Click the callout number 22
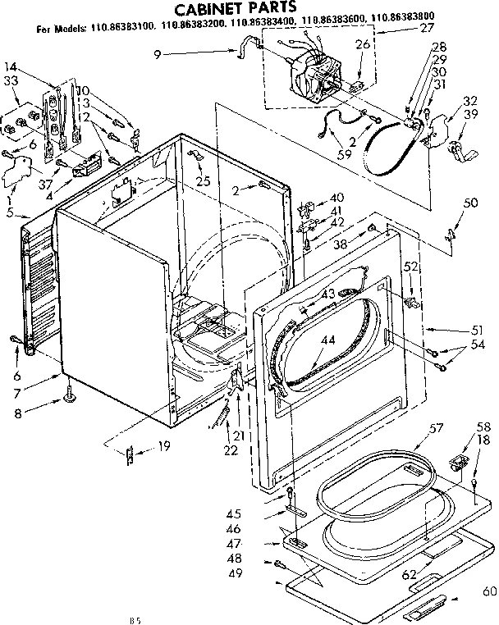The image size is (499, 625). [x=231, y=450]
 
